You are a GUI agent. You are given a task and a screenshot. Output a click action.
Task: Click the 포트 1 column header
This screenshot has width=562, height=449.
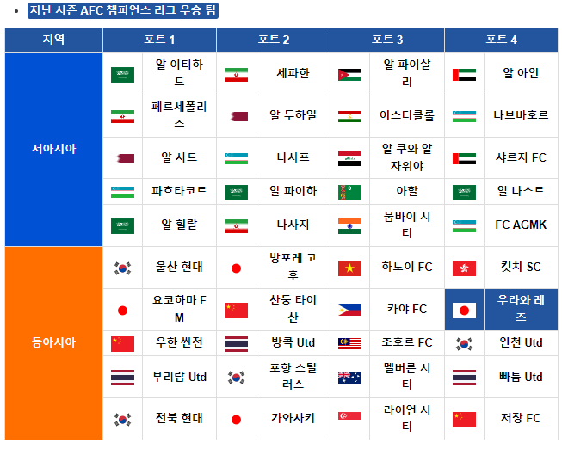(x=159, y=40)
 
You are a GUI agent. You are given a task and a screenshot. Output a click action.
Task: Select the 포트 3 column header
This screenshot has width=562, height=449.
(x=387, y=40)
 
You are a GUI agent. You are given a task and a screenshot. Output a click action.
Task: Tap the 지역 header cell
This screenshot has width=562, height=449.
(x=53, y=40)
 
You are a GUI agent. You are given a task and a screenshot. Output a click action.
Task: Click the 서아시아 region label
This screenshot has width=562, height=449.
(x=53, y=149)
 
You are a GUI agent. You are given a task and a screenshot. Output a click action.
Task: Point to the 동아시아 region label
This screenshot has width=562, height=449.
(x=53, y=342)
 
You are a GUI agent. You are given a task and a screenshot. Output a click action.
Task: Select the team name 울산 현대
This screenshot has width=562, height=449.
(x=179, y=268)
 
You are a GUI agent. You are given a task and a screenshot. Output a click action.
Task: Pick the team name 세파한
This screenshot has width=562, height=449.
(x=293, y=74)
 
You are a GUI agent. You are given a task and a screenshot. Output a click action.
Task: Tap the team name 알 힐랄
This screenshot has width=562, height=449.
(x=179, y=225)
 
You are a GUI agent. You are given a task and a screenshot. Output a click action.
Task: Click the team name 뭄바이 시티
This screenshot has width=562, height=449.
(x=407, y=225)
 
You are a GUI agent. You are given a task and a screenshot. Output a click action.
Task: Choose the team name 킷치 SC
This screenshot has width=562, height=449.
(x=521, y=268)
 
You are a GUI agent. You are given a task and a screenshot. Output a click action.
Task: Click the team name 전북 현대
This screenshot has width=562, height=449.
(x=179, y=419)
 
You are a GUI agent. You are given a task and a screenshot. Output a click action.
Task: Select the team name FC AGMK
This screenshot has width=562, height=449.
(x=521, y=225)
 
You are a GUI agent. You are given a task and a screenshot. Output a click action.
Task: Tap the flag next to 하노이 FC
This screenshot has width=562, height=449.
(x=349, y=268)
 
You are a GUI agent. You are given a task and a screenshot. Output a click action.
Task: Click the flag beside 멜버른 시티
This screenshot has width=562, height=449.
(x=349, y=377)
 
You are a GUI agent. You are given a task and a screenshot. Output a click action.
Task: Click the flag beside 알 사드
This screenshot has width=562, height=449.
(x=122, y=158)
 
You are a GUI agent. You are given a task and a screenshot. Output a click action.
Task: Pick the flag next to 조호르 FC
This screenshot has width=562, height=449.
(x=349, y=343)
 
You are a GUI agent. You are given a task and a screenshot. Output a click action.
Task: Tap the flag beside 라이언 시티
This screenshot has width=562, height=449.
(x=349, y=419)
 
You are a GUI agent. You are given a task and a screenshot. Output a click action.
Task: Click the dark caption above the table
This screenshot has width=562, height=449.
(x=123, y=11)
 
